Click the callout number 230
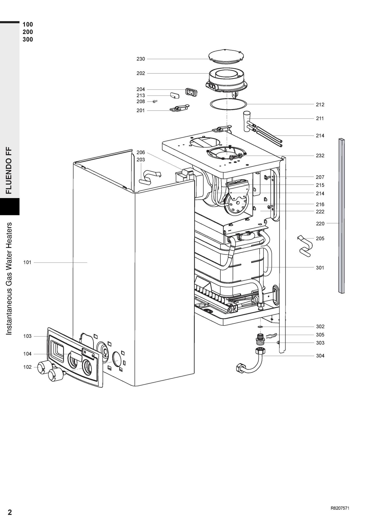[x=141, y=59]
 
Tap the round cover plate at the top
[x=226, y=56]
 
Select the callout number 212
[x=320, y=105]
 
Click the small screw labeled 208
[x=155, y=101]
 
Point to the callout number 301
[x=320, y=268]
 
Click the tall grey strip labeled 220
[x=342, y=216]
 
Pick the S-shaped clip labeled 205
[x=305, y=246]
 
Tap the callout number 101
[x=27, y=262]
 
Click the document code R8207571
[x=340, y=508]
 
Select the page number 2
[x=10, y=512]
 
